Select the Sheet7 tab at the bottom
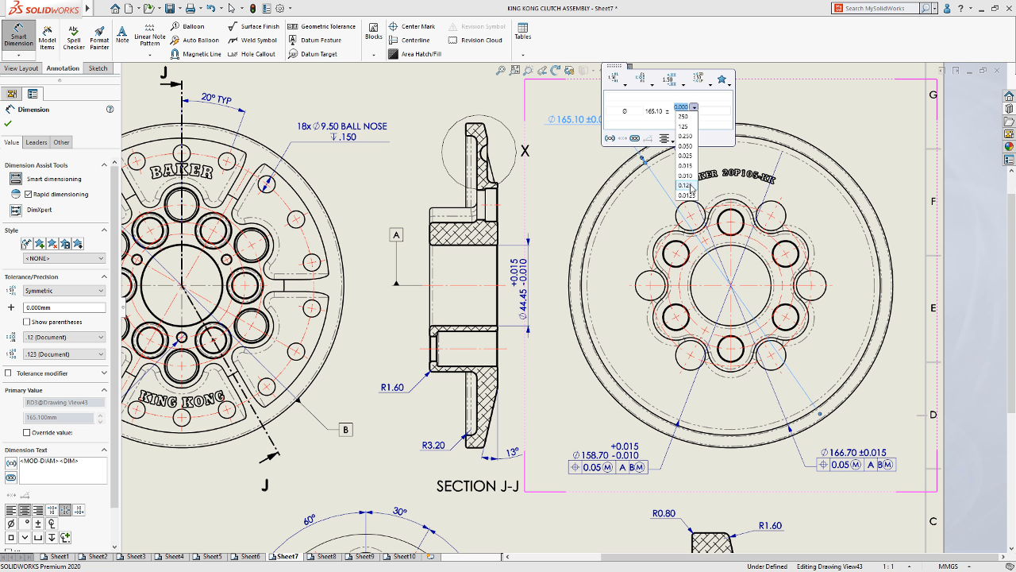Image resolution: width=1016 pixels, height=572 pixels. click(x=287, y=557)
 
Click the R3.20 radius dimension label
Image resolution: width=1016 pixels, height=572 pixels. click(x=433, y=446)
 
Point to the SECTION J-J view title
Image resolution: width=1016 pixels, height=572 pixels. click(x=477, y=486)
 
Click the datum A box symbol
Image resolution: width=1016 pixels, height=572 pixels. click(x=397, y=234)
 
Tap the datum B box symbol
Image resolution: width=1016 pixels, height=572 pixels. click(x=345, y=430)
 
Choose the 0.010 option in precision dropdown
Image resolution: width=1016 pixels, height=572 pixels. click(x=685, y=176)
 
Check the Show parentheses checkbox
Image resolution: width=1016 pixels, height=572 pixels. click(x=27, y=322)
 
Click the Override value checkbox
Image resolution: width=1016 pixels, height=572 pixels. click(x=27, y=432)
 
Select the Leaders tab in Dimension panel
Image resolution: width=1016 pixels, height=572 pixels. click(x=37, y=142)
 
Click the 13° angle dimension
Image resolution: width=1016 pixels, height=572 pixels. click(x=513, y=452)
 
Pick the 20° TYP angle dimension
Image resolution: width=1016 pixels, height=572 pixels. click(x=215, y=99)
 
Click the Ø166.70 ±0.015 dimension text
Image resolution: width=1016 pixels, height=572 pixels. click(x=853, y=452)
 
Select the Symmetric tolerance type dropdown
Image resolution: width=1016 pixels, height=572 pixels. click(x=63, y=291)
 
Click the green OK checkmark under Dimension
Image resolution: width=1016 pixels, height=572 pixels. click(x=9, y=123)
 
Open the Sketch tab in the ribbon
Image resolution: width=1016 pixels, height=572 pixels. click(x=98, y=68)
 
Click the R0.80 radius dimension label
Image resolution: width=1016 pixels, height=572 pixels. click(x=664, y=513)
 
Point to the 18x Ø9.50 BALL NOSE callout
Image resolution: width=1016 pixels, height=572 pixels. click(x=342, y=126)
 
